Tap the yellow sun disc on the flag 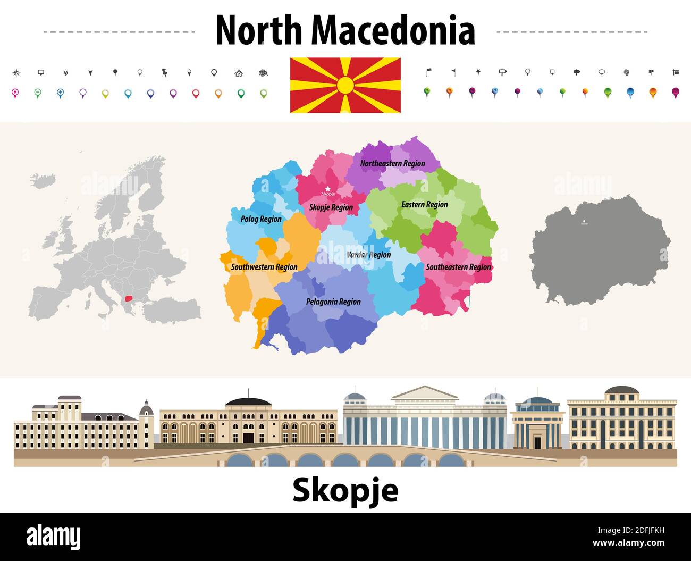(x=345, y=85)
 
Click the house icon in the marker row (x=239, y=73)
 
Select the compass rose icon (x=16, y=72)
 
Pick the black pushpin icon (x=164, y=72)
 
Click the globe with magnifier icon (x=263, y=73)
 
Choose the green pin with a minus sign (x=38, y=93)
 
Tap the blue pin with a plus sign (x=60, y=93)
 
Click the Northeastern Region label (x=392, y=163)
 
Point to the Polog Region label (x=261, y=219)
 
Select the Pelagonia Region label (x=333, y=302)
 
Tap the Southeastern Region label (x=458, y=267)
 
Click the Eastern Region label (x=424, y=204)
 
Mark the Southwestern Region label (x=264, y=267)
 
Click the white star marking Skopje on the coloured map (x=328, y=188)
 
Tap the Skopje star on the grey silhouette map (x=584, y=221)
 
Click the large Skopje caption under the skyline (x=345, y=490)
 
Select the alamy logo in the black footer (x=53, y=537)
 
